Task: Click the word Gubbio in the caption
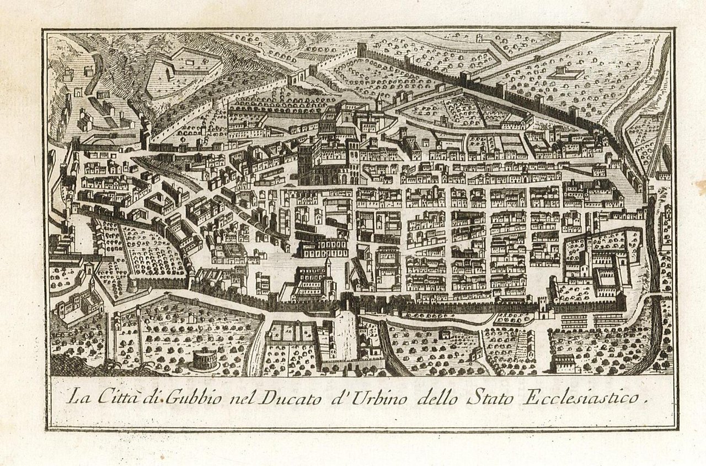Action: click(163, 398)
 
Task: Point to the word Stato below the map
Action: click(488, 398)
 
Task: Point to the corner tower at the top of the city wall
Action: click(362, 50)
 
